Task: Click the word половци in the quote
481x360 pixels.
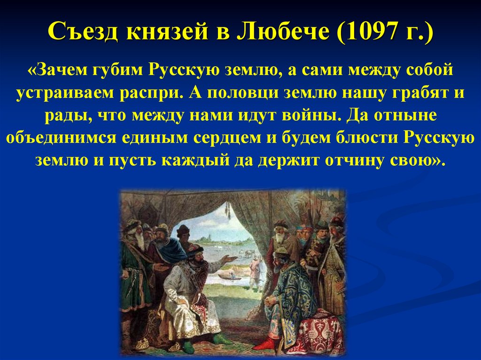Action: pyautogui.click(x=243, y=93)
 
